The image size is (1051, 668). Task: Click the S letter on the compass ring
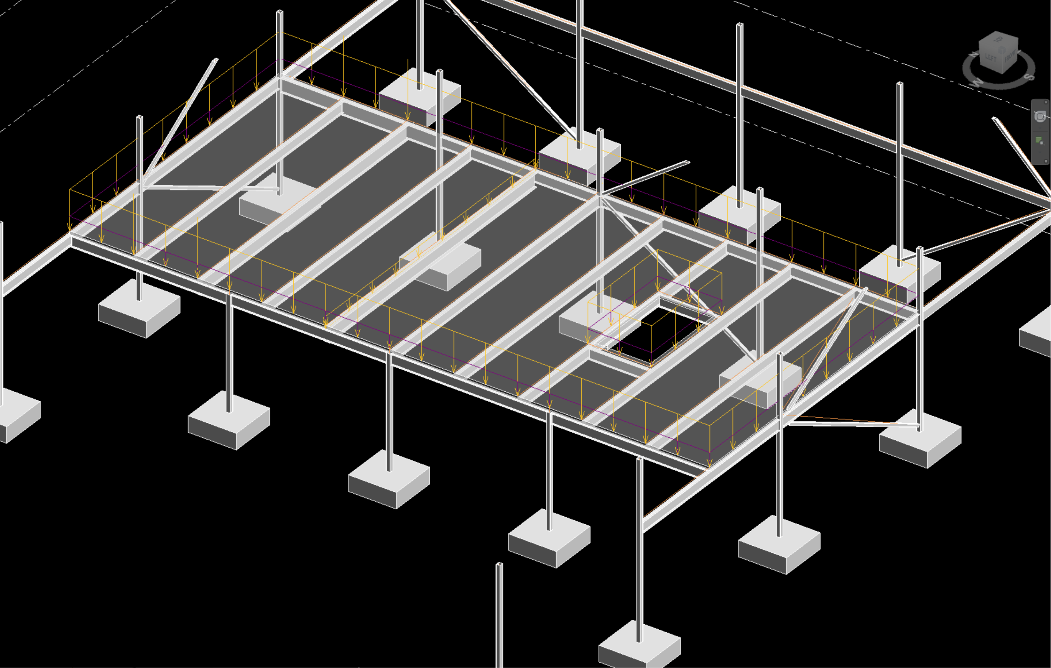click(1030, 77)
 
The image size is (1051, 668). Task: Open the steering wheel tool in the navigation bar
click(1040, 117)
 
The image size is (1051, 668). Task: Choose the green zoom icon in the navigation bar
click(1039, 141)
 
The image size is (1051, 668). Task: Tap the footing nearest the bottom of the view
click(640, 646)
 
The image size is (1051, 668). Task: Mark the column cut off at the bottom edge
click(499, 620)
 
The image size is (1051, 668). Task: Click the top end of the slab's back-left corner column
click(280, 12)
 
